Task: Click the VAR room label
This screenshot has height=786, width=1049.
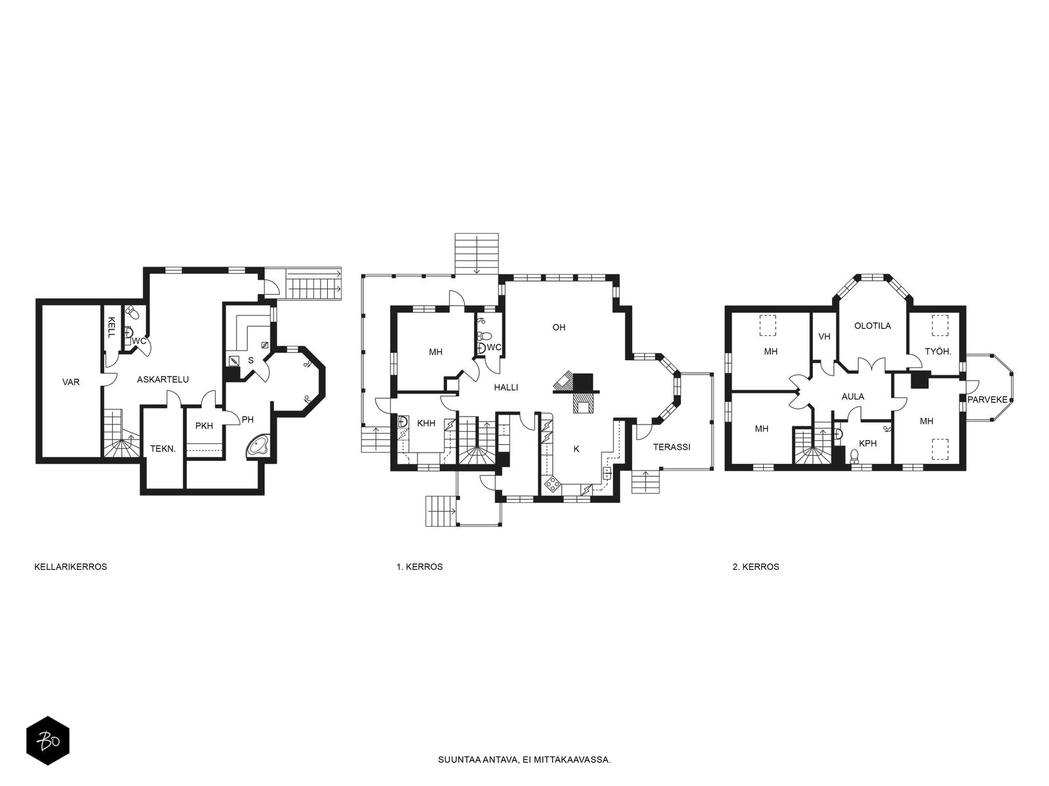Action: tap(71, 383)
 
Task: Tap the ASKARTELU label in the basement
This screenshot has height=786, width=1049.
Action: tap(163, 380)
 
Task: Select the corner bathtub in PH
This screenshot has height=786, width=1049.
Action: tap(258, 447)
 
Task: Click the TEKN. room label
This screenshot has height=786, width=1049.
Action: tap(163, 449)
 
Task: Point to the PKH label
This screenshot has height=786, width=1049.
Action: tap(204, 426)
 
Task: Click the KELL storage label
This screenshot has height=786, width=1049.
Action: tap(111, 327)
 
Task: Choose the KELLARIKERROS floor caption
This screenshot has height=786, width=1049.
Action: tap(71, 567)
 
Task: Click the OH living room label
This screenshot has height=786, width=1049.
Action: tap(559, 327)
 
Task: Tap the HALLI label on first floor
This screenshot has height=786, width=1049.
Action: tap(506, 388)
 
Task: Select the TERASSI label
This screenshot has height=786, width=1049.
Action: tap(671, 447)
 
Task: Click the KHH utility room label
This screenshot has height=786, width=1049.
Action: tap(426, 423)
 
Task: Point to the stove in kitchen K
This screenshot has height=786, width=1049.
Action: tap(553, 485)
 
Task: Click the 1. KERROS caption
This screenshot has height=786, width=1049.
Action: tap(420, 567)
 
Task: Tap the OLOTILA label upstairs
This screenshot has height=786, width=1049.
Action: tap(873, 326)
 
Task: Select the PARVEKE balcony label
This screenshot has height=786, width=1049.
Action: tap(987, 400)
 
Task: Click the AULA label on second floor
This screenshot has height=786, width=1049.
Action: tap(852, 396)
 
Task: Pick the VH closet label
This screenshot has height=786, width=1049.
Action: tap(824, 337)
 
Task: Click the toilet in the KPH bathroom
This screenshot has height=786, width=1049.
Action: tap(854, 456)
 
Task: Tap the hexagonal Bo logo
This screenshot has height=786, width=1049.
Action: tap(48, 741)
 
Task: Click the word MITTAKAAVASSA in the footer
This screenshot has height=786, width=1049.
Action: tap(578, 760)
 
